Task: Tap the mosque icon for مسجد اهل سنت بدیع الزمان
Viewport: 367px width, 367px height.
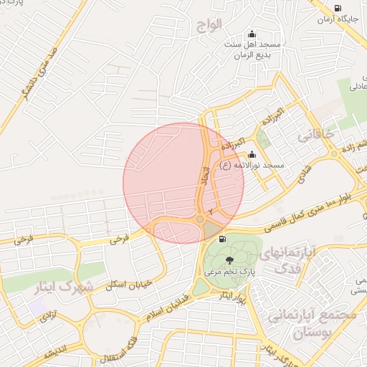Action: [252, 34]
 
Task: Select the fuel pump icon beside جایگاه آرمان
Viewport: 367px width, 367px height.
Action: [337, 9]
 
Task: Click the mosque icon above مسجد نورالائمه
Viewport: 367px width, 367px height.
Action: [252, 154]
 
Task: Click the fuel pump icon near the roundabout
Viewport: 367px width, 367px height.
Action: [224, 239]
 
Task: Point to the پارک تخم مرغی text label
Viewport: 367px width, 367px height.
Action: [229, 272]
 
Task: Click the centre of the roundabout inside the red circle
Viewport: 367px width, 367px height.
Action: [199, 219]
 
